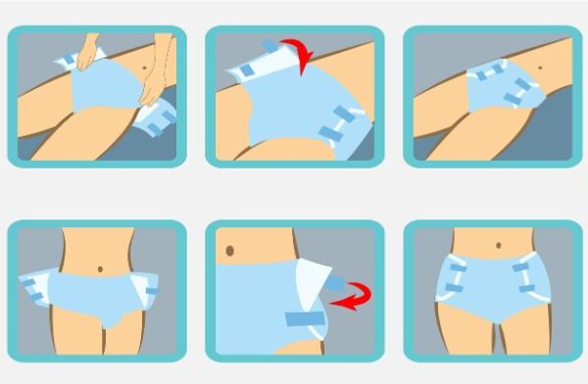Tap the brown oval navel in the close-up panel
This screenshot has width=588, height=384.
(229, 251)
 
